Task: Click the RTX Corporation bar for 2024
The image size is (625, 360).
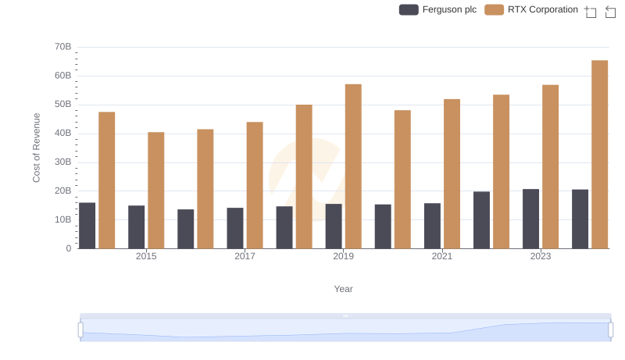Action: (x=599, y=155)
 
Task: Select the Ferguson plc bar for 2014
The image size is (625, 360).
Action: (x=87, y=226)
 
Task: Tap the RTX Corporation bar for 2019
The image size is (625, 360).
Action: (x=353, y=166)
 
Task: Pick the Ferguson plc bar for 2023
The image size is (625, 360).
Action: (x=530, y=219)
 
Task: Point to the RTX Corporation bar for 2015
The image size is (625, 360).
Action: (x=156, y=191)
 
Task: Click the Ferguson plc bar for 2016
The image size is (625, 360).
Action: (x=185, y=229)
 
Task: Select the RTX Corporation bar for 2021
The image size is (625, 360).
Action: (x=452, y=174)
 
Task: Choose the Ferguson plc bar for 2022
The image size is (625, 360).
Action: (x=481, y=220)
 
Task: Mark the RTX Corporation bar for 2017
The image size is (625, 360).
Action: (x=255, y=185)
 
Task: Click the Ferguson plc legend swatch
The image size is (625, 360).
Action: (x=409, y=9)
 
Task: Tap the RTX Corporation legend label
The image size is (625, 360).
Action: (x=542, y=9)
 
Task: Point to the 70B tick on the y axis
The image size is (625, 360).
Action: (x=62, y=47)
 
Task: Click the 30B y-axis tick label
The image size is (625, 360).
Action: (x=62, y=162)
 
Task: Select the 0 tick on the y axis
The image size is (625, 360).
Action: (x=68, y=248)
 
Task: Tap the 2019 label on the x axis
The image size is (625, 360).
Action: (x=343, y=256)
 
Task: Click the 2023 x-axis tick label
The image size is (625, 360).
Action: (x=541, y=256)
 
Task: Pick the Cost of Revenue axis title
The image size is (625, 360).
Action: (x=37, y=148)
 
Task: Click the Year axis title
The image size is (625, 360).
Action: (x=343, y=289)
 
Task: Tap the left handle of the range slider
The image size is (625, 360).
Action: (x=80, y=330)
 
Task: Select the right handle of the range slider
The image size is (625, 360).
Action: (x=611, y=330)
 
